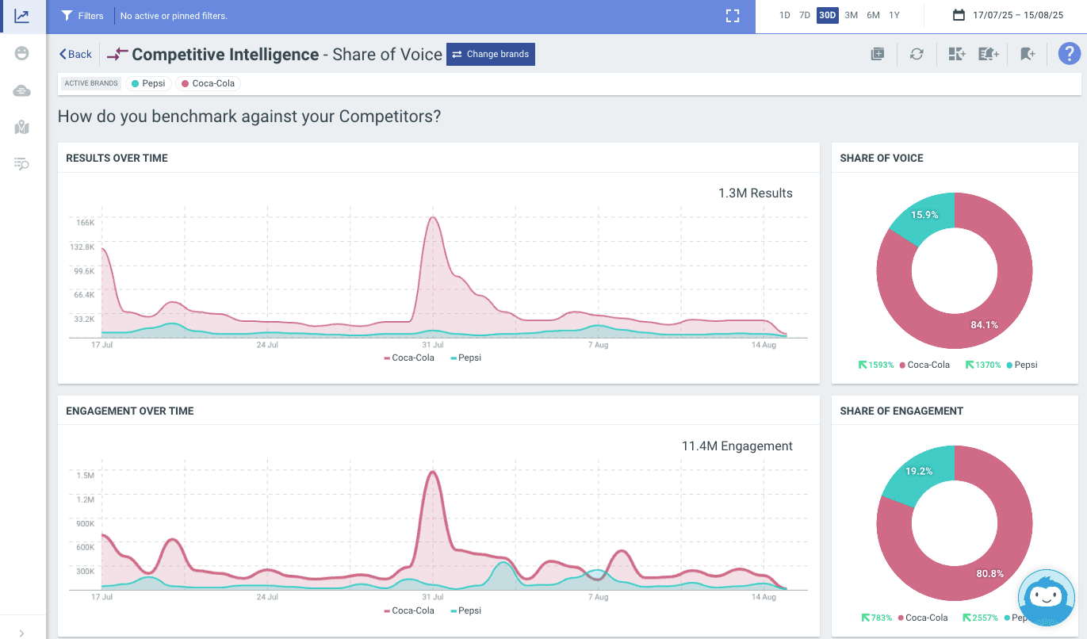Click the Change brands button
pyautogui.click(x=490, y=54)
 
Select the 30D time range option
pyautogui.click(x=827, y=15)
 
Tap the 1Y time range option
pyautogui.click(x=894, y=15)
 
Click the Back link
pyautogui.click(x=75, y=54)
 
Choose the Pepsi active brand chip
pyautogui.click(x=148, y=83)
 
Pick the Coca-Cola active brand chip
pyautogui.click(x=209, y=83)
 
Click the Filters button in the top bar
pyautogui.click(x=82, y=16)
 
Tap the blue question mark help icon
pyautogui.click(x=1069, y=54)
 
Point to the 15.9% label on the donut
pyautogui.click(x=924, y=215)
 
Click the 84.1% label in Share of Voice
pyautogui.click(x=984, y=324)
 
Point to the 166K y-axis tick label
pyautogui.click(x=84, y=223)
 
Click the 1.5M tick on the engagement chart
pyautogui.click(x=85, y=476)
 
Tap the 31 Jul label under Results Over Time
pyautogui.click(x=432, y=345)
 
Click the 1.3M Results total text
pyautogui.click(x=755, y=193)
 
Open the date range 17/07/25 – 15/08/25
pyautogui.click(x=1008, y=15)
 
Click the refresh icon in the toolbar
pyautogui.click(x=917, y=54)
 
